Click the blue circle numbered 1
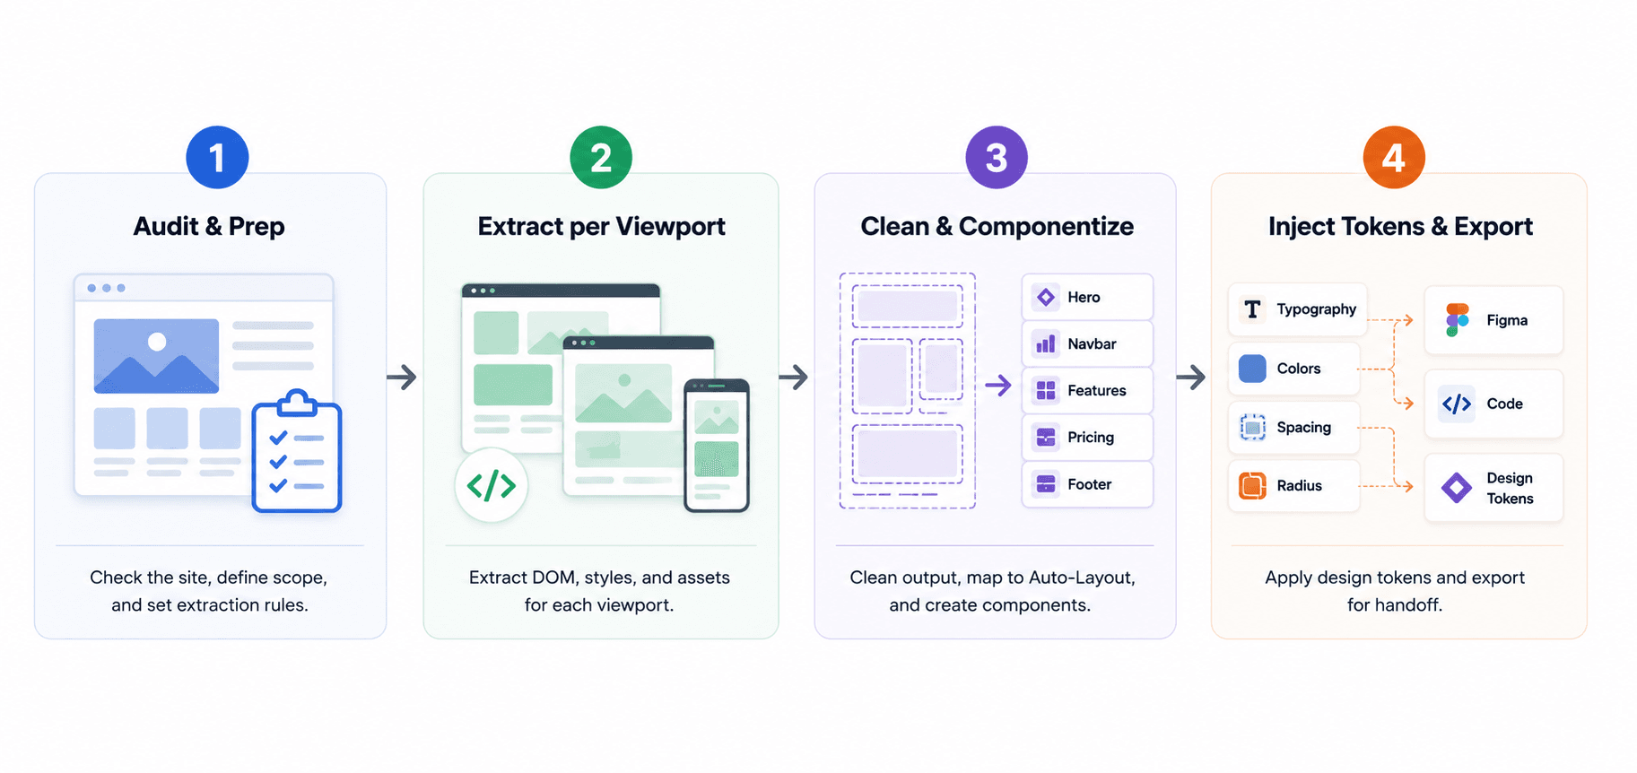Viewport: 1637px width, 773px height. coord(217,158)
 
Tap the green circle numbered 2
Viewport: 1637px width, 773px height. coord(601,158)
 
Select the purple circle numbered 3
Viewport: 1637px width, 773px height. coord(997,158)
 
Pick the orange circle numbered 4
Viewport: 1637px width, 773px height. coord(1394,158)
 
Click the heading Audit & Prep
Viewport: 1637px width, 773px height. coord(209,227)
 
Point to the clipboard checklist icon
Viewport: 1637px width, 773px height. coord(297,451)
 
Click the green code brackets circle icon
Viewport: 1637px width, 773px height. coord(492,485)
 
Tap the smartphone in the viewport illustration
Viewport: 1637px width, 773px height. coord(717,446)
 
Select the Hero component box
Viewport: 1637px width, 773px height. coord(1087,297)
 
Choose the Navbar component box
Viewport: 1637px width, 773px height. coord(1087,343)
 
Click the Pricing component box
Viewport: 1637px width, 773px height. coord(1087,438)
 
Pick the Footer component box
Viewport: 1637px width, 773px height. coord(1087,484)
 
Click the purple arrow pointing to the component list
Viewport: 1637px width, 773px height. coord(998,386)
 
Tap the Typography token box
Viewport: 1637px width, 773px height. coord(1297,309)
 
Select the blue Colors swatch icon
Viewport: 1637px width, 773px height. coord(1252,369)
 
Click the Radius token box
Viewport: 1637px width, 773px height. coord(1293,486)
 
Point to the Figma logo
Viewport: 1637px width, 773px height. coord(1458,320)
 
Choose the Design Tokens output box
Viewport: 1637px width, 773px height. coord(1493,488)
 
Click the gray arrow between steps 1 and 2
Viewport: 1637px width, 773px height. coord(402,377)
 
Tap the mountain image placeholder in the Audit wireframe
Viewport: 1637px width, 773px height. coord(156,356)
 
